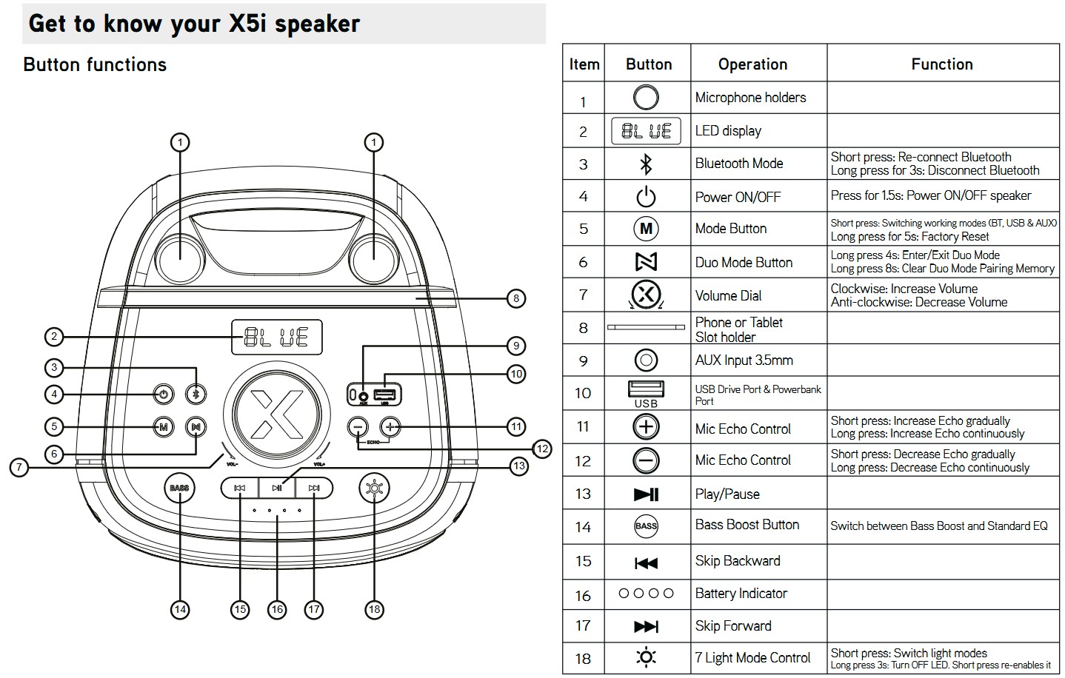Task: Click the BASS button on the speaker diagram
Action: click(x=179, y=489)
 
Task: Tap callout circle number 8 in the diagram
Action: click(x=516, y=299)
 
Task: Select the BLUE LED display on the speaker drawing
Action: click(x=277, y=338)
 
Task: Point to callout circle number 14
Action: click(x=179, y=609)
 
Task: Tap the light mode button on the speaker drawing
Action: click(x=374, y=489)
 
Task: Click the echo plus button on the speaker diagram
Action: click(x=390, y=427)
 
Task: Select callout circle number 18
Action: click(x=374, y=609)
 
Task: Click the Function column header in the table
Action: click(x=941, y=64)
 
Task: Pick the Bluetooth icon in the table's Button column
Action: click(x=646, y=164)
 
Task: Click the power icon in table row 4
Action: click(x=646, y=197)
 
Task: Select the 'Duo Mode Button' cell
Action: click(x=744, y=263)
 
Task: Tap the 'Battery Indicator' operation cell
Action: click(x=741, y=594)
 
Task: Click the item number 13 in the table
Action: click(x=583, y=494)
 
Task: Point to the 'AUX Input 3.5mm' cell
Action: click(x=744, y=360)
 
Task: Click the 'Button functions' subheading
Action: click(x=95, y=65)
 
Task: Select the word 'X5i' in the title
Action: click(x=248, y=24)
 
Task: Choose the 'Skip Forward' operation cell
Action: click(x=733, y=626)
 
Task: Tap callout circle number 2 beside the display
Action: click(x=53, y=338)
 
